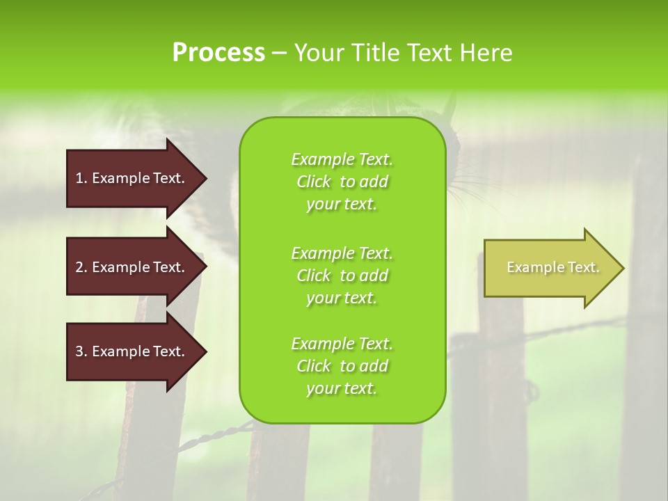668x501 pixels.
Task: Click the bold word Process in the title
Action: (218, 53)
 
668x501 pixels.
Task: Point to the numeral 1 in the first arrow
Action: (79, 178)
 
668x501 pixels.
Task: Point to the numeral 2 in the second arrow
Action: (79, 267)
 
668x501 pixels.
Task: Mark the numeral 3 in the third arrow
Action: (79, 351)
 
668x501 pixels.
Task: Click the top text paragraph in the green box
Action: (342, 182)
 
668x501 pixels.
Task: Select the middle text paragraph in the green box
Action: (342, 276)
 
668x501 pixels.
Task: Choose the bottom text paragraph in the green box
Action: (342, 366)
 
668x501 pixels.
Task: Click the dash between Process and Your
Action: (279, 53)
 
